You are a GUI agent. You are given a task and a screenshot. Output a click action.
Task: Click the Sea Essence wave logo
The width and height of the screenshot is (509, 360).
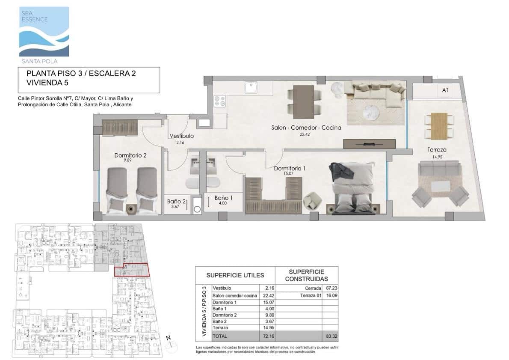(x=44, y=32)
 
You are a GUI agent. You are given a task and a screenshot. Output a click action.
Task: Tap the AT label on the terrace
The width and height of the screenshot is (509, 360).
(x=445, y=90)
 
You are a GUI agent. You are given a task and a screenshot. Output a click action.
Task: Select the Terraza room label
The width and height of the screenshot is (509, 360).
(x=437, y=150)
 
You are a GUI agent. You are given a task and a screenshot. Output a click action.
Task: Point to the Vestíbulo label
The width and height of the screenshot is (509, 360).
(x=181, y=136)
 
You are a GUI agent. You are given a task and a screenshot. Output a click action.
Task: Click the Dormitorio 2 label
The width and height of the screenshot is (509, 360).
(x=130, y=155)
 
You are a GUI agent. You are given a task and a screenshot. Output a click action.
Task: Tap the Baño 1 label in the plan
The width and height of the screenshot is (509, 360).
(x=223, y=198)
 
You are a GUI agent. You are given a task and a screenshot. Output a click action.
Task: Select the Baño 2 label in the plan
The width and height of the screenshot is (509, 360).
(x=177, y=202)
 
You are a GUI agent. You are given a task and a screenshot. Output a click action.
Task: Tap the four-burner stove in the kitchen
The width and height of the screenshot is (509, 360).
(x=220, y=102)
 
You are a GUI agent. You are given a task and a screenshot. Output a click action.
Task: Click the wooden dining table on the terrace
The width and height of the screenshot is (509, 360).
(x=439, y=125)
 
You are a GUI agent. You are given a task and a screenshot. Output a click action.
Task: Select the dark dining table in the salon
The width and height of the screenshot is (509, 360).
(x=303, y=102)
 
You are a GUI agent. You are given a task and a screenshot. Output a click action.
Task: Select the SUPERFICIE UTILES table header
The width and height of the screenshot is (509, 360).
(x=235, y=275)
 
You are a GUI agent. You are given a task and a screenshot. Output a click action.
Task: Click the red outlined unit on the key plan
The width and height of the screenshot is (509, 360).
(x=132, y=271)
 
